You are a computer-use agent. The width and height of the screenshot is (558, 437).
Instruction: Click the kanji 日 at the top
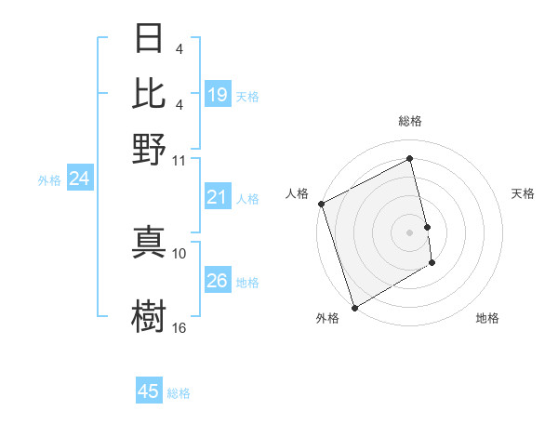point(150,39)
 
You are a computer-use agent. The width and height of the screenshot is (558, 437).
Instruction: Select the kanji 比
point(150,94)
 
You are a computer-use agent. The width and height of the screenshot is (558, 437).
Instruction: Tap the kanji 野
point(150,149)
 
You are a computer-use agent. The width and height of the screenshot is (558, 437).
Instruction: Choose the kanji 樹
point(150,315)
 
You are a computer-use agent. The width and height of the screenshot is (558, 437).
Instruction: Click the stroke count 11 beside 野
point(179,160)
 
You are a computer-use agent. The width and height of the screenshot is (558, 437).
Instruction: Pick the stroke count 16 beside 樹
point(179,327)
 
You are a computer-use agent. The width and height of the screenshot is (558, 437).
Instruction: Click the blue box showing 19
point(217,94)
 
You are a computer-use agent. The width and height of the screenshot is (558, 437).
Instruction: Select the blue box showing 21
point(217,196)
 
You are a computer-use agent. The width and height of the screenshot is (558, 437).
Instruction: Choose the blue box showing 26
point(217,280)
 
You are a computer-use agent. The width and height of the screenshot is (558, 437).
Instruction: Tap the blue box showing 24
point(79,179)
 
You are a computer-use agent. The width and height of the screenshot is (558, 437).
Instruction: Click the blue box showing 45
point(149,391)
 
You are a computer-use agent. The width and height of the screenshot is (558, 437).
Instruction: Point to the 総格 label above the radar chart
point(409,121)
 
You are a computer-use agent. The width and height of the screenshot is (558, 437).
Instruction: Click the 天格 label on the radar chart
point(523,193)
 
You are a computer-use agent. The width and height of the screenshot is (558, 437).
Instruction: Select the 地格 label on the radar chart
point(487,318)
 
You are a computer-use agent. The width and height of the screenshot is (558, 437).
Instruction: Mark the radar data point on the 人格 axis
point(321,204)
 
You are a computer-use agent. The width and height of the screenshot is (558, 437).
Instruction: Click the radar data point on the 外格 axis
point(354,307)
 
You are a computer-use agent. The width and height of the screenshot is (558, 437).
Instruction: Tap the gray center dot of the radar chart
point(409,232)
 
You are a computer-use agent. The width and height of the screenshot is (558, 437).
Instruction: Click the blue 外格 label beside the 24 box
point(48,180)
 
